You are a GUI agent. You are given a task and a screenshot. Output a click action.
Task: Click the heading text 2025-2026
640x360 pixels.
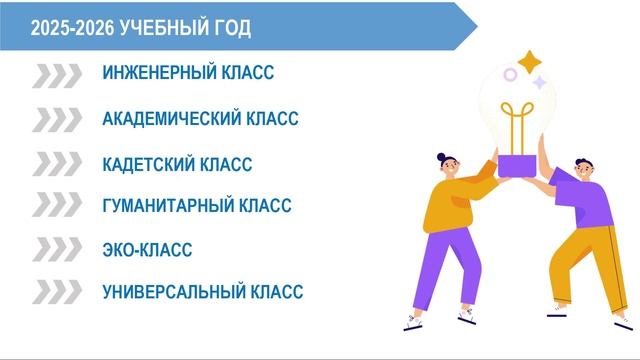point(71,28)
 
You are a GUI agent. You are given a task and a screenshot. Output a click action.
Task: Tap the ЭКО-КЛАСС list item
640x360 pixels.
point(147,250)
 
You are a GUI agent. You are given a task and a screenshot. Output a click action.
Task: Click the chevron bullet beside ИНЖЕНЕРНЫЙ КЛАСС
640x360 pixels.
point(57,75)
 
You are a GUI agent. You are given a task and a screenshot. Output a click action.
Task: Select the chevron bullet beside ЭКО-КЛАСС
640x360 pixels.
point(57,249)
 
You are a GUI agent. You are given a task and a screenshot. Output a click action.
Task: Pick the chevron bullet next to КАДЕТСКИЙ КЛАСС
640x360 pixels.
point(57,163)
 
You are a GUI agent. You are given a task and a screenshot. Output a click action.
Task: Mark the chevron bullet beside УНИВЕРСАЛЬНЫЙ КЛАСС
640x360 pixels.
point(57,291)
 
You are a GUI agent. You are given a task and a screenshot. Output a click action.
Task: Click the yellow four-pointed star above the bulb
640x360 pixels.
point(529,60)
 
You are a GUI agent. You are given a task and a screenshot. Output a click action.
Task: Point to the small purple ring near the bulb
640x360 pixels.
point(511,75)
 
